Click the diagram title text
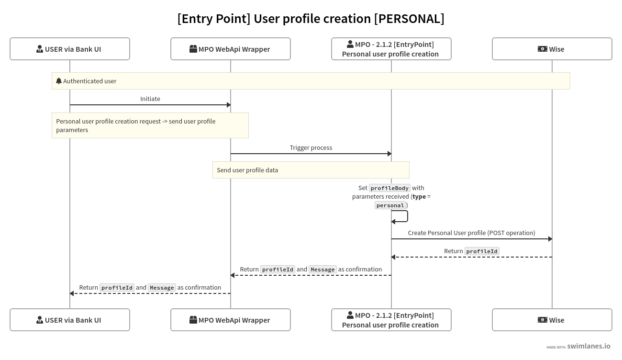pyautogui.click(x=311, y=19)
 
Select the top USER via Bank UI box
pyautogui.click(x=70, y=49)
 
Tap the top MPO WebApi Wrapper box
pyautogui.click(x=231, y=49)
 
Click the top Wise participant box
pyautogui.click(x=552, y=49)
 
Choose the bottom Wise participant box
pyautogui.click(x=552, y=320)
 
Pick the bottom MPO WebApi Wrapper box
pyautogui.click(x=231, y=320)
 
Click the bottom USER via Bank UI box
pyautogui.click(x=70, y=320)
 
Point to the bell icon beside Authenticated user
pyautogui.click(x=59, y=81)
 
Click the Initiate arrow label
pyautogui.click(x=150, y=99)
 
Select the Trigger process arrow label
pyautogui.click(x=311, y=147)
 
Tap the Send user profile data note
pyautogui.click(x=311, y=170)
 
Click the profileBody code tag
pyautogui.click(x=389, y=188)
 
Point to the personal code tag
pyautogui.click(x=390, y=205)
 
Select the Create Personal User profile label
pyautogui.click(x=471, y=233)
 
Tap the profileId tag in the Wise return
pyautogui.click(x=482, y=251)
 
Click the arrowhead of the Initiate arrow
pyautogui.click(x=228, y=105)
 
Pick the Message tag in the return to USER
pyautogui.click(x=162, y=288)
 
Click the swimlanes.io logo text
pyautogui.click(x=589, y=346)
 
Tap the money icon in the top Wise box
pyautogui.click(x=542, y=49)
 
